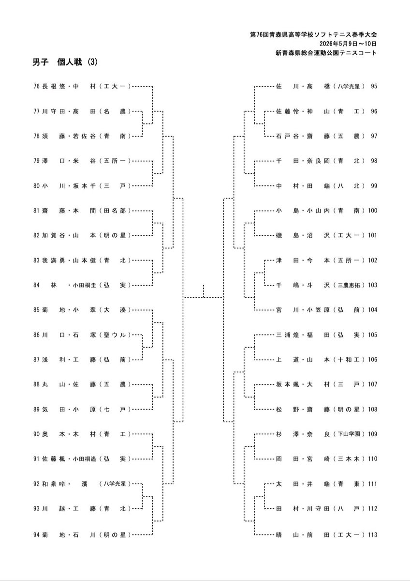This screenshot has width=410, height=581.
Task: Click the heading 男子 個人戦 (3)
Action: [65, 62]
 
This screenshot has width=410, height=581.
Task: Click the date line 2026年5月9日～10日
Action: [348, 44]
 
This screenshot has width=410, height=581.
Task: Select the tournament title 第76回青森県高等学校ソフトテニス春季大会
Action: [313, 34]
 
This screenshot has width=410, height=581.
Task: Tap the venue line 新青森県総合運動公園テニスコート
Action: [326, 53]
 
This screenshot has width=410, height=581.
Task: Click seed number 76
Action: [37, 86]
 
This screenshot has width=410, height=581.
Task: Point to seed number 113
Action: [372, 535]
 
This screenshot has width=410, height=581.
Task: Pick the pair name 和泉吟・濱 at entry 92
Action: [65, 484]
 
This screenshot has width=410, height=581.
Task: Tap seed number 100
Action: [372, 210]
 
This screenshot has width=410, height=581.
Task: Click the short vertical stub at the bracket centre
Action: [204, 291]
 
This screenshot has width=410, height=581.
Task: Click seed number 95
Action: [374, 86]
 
